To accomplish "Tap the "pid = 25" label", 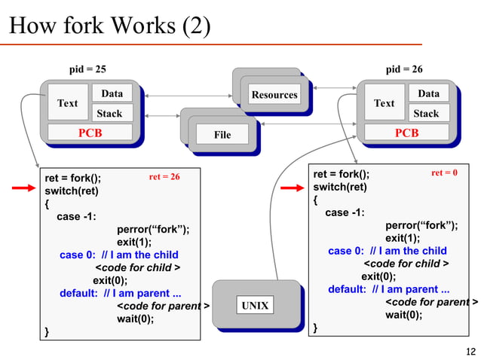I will tap(87, 69).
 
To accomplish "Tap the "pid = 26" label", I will tap(404, 69).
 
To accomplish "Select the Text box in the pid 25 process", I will tap(68, 103).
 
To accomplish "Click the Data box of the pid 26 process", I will tap(428, 93).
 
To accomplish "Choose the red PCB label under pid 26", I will tap(406, 133).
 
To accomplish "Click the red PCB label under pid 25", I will tap(90, 133).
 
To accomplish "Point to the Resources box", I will tap(274, 95).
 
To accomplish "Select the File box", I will tap(222, 135).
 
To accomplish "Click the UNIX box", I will tap(254, 305).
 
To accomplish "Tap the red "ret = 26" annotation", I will tap(164, 177).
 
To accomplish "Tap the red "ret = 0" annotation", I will tap(444, 173).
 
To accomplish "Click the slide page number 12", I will tap(471, 350).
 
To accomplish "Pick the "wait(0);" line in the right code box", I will tap(403, 315).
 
